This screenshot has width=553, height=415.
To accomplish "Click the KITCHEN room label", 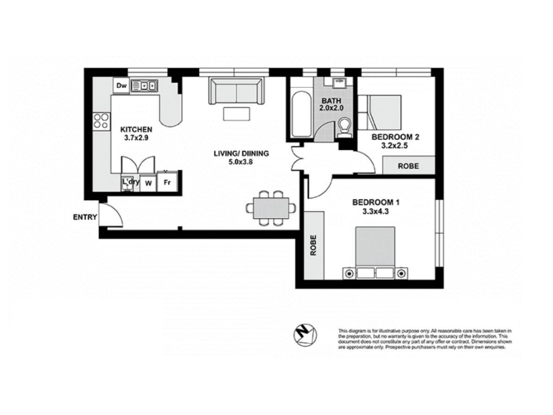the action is pyautogui.click(x=136, y=129).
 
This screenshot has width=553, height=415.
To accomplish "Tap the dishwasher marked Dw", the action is pyautogui.click(x=122, y=86).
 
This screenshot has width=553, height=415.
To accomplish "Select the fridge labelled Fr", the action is pyautogui.click(x=167, y=182).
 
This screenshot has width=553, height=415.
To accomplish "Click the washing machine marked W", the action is pyautogui.click(x=149, y=183).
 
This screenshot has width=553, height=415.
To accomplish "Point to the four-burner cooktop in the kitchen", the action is pyautogui.click(x=101, y=121).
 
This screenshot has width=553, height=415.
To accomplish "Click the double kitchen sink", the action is pyautogui.click(x=144, y=86).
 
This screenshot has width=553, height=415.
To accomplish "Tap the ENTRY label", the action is pyautogui.click(x=84, y=217).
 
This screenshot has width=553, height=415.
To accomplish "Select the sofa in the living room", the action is pyautogui.click(x=236, y=91).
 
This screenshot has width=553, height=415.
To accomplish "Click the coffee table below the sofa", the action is pyautogui.click(x=236, y=114).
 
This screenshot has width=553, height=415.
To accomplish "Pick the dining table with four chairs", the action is pyautogui.click(x=271, y=208).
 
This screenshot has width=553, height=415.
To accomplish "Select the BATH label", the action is pyautogui.click(x=331, y=101).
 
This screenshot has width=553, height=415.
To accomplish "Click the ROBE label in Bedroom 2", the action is pyautogui.click(x=409, y=166).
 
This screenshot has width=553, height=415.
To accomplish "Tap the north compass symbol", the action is pyautogui.click(x=305, y=335).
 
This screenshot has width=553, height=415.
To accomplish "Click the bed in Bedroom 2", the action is pyautogui.click(x=379, y=112).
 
